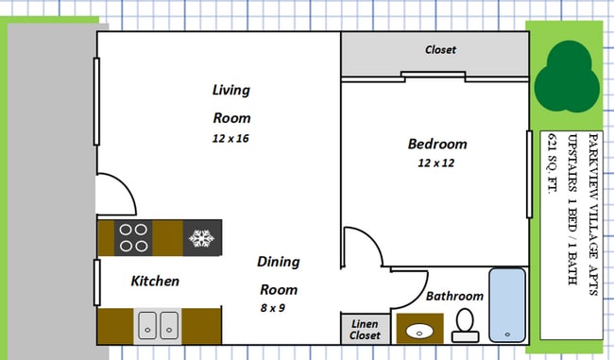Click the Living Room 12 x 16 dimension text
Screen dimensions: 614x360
(x=230, y=138)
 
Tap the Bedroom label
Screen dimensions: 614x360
(x=437, y=144)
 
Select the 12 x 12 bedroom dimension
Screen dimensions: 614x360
(x=435, y=163)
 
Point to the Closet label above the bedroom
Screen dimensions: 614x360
(x=440, y=50)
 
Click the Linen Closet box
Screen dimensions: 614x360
(x=366, y=329)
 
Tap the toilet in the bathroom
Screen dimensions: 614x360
(x=465, y=326)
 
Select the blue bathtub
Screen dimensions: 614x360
(x=507, y=305)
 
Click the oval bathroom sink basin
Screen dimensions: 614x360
(x=419, y=332)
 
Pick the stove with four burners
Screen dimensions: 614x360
(x=133, y=238)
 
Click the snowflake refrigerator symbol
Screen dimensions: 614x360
(x=201, y=238)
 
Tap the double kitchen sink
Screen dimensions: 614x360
(x=158, y=326)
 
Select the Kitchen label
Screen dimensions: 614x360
(x=155, y=281)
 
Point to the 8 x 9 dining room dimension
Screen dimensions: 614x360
(x=273, y=308)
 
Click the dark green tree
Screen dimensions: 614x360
(x=567, y=77)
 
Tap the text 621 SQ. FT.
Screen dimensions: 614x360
(x=553, y=163)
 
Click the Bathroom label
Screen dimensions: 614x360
(x=454, y=296)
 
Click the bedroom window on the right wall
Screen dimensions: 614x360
(x=529, y=174)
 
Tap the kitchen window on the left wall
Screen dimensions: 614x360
(x=97, y=283)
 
